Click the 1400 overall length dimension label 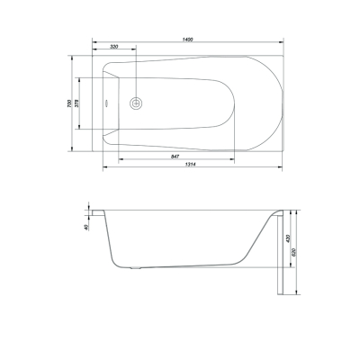click(188, 39)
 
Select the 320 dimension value click(114, 47)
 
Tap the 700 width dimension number click(69, 103)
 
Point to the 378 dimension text click(76, 103)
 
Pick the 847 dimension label click(175, 157)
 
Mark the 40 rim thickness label click(86, 228)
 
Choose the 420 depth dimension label click(288, 238)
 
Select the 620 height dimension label click(293, 252)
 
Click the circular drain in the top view click(136, 103)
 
